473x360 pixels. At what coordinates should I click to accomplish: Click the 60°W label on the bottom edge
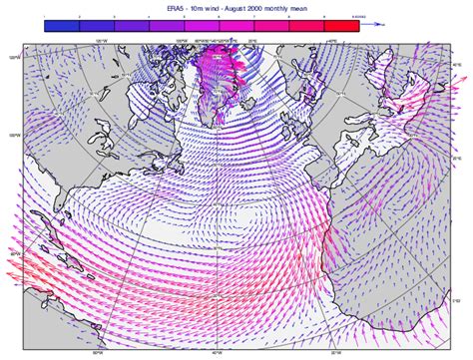point(97,352)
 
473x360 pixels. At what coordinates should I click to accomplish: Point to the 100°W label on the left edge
point(14,137)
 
